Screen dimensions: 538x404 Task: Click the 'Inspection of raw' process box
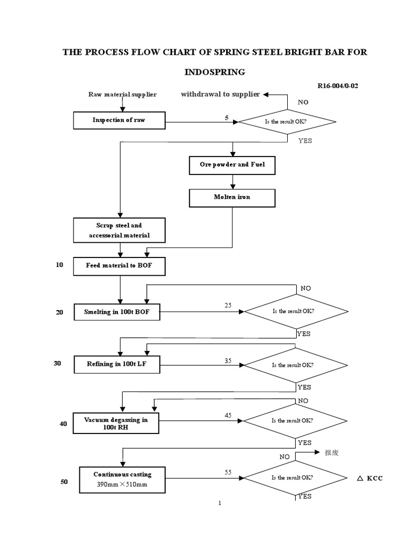tap(119, 120)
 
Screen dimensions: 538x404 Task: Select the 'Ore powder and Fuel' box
tap(232, 165)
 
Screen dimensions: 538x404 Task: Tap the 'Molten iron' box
tap(232, 197)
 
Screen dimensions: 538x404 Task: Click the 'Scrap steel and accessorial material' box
tap(119, 231)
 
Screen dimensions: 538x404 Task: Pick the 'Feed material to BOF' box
tap(119, 266)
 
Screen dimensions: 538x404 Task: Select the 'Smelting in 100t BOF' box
tap(117, 312)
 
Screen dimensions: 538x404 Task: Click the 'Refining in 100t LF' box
tap(117, 364)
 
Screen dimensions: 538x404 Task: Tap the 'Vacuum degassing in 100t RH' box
tap(116, 423)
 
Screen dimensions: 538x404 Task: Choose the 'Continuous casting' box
tap(123, 479)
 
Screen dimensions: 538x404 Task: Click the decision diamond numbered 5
tap(287, 122)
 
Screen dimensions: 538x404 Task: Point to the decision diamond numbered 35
tap(295, 365)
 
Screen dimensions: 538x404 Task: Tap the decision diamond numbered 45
tap(295, 421)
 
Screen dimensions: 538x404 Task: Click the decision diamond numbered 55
tap(295, 478)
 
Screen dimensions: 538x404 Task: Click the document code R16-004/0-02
tap(338, 86)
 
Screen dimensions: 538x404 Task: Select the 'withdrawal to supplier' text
tap(220, 94)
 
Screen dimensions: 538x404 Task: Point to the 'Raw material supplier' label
tap(122, 95)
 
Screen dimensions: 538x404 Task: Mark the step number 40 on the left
tap(63, 424)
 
